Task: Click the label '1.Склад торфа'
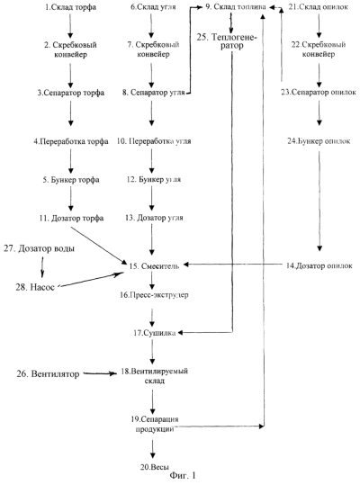(70, 7)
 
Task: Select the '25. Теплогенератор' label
(228, 41)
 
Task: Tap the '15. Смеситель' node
(154, 266)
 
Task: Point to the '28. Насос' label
(35, 287)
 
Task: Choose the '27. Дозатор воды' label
(40, 248)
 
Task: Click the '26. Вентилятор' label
(48, 374)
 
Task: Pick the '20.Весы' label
(155, 467)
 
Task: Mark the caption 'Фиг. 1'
(183, 475)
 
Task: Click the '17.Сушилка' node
(155, 333)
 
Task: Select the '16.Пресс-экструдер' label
(154, 295)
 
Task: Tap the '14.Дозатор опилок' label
(319, 265)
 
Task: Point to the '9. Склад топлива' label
(236, 7)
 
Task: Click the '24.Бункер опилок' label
(319, 141)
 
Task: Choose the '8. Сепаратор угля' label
(153, 93)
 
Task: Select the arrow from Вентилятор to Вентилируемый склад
(100, 373)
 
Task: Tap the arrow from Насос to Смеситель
(91, 280)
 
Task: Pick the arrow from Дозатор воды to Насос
(42, 266)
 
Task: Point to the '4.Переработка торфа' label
(71, 141)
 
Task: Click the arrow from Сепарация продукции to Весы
(152, 449)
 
